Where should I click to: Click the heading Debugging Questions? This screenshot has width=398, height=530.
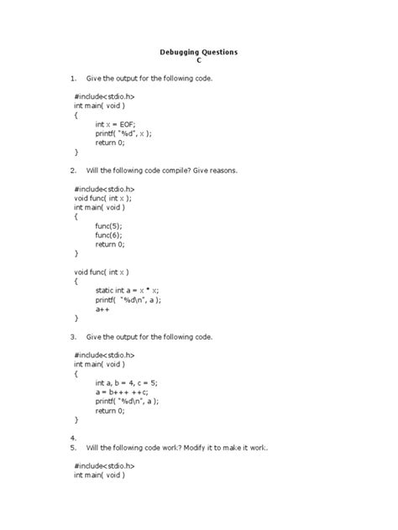(199, 52)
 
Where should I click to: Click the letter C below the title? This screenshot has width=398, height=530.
(199, 62)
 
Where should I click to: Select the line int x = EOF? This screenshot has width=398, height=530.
(118, 123)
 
